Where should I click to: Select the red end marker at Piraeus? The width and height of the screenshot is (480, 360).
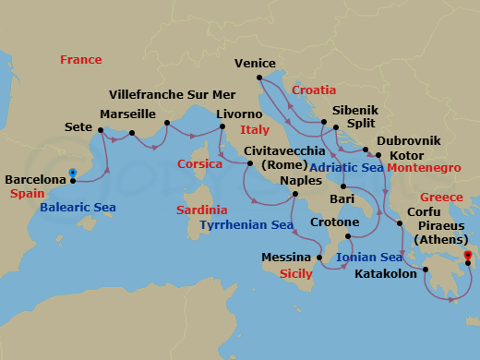click(x=467, y=255)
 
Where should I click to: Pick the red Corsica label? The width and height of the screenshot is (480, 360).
click(x=199, y=164)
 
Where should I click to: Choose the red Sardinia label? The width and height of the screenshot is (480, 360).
click(x=204, y=210)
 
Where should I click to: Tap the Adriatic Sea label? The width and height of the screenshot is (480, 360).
click(x=345, y=168)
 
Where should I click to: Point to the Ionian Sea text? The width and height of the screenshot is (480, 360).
click(x=369, y=257)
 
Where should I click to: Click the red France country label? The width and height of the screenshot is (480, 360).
click(x=80, y=60)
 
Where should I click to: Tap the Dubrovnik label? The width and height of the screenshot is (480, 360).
click(x=408, y=140)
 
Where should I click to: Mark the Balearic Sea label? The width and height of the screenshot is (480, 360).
click(x=78, y=207)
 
